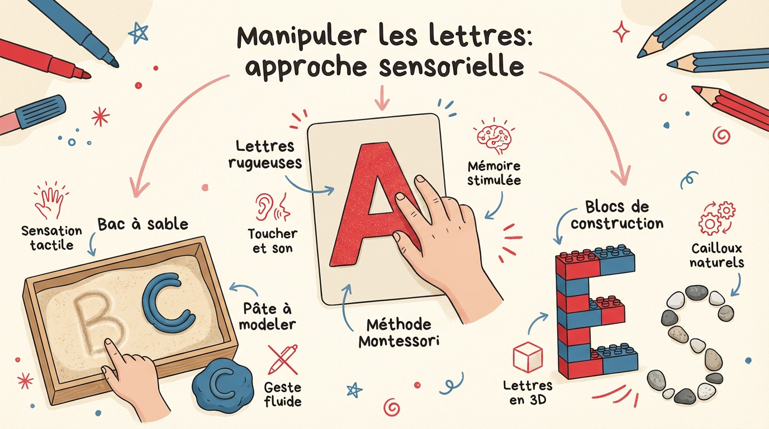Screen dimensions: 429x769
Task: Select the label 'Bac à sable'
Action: coord(143,225)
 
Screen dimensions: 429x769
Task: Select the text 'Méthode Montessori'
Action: coord(398,332)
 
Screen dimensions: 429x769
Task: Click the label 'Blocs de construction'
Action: coord(616,215)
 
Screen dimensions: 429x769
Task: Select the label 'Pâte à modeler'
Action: coord(270,316)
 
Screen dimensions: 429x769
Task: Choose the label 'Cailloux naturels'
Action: coord(717,255)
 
